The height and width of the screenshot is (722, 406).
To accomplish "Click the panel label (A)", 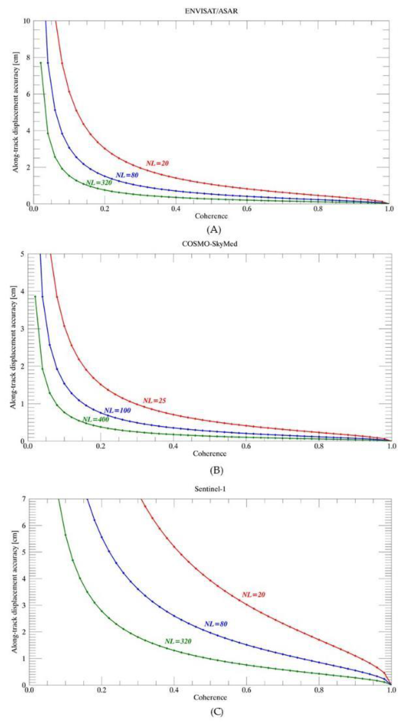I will tap(214, 230).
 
